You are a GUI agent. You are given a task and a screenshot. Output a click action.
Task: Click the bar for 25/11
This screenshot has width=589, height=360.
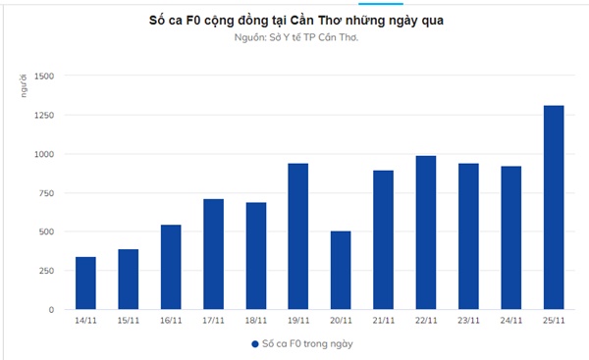[554, 208]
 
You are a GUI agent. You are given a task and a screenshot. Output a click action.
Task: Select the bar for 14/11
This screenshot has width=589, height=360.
[86, 283]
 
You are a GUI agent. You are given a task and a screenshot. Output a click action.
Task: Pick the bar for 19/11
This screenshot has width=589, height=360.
[298, 236]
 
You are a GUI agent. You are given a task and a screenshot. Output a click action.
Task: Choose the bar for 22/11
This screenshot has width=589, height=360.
[426, 232]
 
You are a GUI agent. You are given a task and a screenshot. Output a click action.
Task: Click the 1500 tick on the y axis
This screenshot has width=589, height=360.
[44, 77]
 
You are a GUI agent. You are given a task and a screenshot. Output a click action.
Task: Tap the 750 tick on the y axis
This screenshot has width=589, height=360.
[47, 193]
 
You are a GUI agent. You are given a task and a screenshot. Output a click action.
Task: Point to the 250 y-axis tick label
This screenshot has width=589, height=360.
[47, 271]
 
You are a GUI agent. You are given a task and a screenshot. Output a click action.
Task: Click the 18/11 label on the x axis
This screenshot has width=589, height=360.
[256, 321]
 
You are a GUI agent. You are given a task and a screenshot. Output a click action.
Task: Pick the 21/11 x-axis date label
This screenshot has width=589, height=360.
[384, 321]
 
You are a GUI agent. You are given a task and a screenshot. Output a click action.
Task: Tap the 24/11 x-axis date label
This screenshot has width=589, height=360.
[511, 321]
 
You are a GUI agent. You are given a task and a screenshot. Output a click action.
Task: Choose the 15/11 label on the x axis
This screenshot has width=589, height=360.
[129, 321]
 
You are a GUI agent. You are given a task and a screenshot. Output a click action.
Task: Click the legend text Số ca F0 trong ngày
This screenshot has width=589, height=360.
[305, 344]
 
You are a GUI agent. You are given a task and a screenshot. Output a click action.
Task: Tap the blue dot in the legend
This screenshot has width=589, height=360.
[253, 344]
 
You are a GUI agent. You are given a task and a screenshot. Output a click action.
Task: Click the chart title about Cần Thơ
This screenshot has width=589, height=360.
[295, 20]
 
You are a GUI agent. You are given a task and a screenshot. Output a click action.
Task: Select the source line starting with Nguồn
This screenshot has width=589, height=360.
[294, 37]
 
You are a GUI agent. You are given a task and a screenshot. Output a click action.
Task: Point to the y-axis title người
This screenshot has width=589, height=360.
[23, 85]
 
